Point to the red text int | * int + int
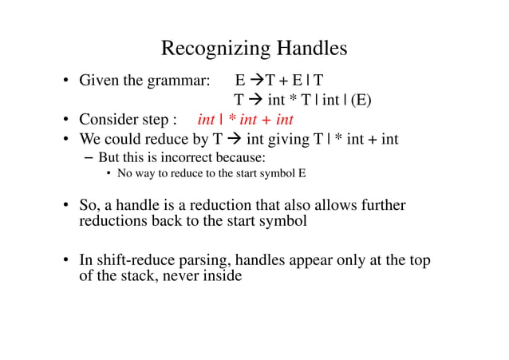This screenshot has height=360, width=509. pyautogui.click(x=245, y=121)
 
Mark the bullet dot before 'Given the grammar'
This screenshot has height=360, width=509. pyautogui.click(x=66, y=82)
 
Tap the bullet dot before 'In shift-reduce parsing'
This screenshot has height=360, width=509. pyautogui.click(x=66, y=261)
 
